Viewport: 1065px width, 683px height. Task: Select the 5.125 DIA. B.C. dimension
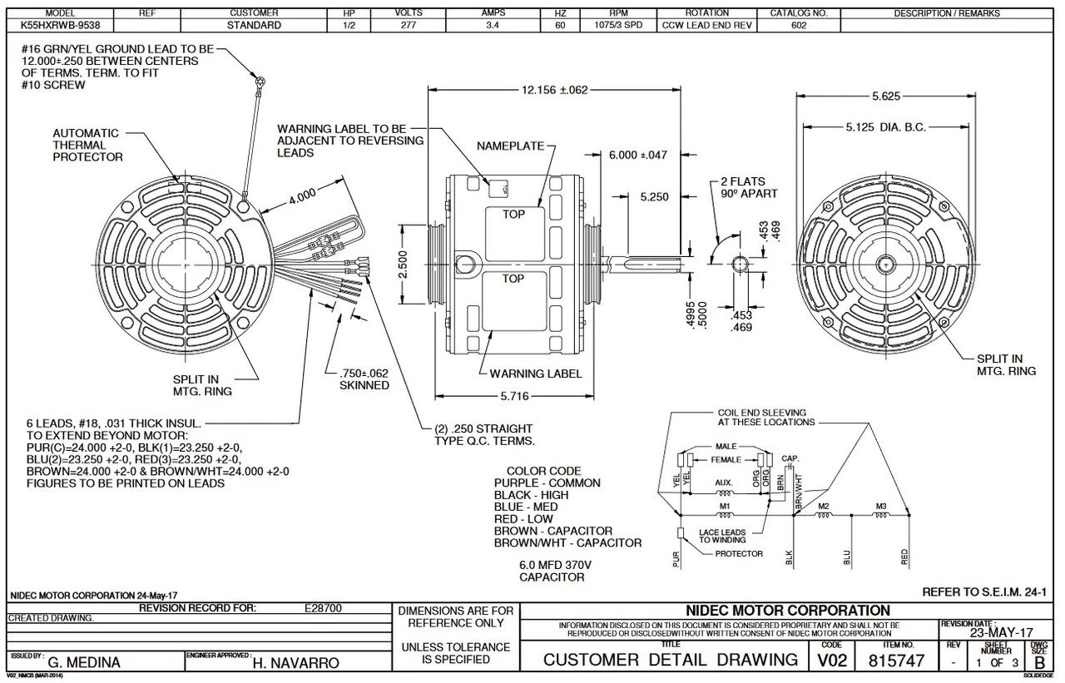click(885, 127)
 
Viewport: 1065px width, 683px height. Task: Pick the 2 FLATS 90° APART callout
click(749, 187)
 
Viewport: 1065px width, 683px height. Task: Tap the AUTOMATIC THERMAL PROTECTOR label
click(87, 145)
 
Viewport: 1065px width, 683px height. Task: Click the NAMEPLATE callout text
click(509, 146)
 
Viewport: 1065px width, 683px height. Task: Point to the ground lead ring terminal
click(260, 82)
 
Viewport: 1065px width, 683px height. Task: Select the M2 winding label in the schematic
click(824, 506)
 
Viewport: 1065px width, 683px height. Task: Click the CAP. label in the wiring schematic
click(790, 458)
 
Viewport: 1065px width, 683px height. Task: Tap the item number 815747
click(897, 661)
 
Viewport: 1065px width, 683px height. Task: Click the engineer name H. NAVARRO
click(295, 663)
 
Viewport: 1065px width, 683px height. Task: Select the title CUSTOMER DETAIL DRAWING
click(670, 661)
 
